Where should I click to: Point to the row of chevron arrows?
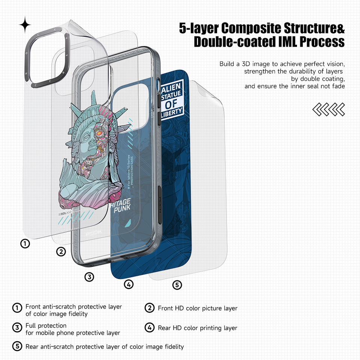(x=328, y=109)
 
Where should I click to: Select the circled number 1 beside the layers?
(x=25, y=244)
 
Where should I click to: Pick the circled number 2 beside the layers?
(x=61, y=252)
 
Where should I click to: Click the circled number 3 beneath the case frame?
(x=89, y=277)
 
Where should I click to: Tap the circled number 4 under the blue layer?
(x=129, y=285)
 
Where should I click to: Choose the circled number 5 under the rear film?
(x=177, y=285)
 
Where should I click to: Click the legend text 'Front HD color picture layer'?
(x=198, y=308)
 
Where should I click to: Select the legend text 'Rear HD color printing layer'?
(x=198, y=328)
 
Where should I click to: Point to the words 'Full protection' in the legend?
(x=46, y=325)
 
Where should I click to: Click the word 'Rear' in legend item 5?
(x=32, y=346)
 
